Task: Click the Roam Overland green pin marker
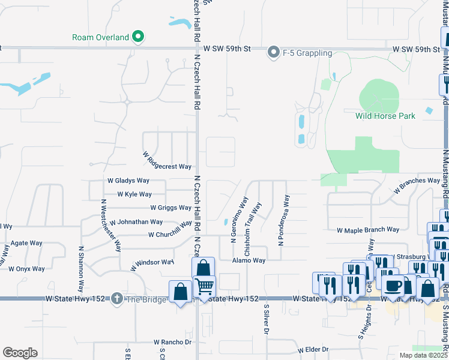pos(139,37)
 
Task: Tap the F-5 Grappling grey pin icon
pos(274,53)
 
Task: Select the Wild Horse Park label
pos(385,116)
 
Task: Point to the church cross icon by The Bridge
pos(116,298)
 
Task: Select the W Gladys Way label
pos(128,180)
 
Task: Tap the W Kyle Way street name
pos(134,194)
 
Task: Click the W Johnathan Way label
pos(136,221)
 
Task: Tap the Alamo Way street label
pos(249,260)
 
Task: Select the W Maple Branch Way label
pos(368,230)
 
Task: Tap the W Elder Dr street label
pos(313,349)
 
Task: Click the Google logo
pos(20,353)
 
